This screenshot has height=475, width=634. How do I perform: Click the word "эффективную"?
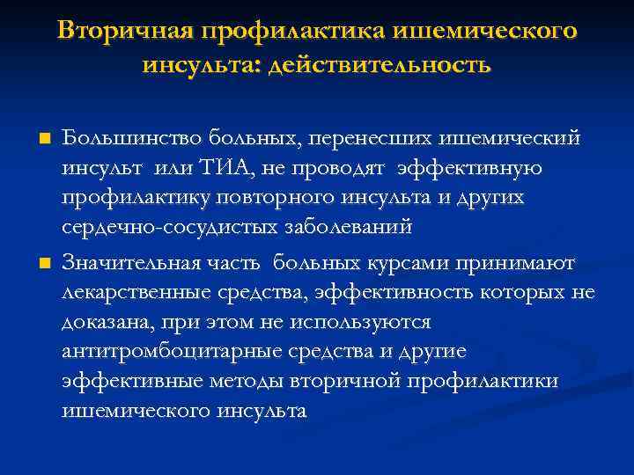[x=469, y=167]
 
